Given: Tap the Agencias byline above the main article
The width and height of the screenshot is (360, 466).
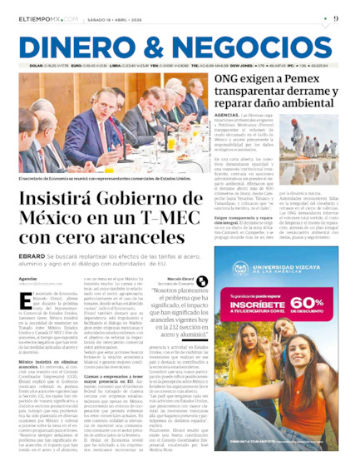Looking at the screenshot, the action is point(28,278).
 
